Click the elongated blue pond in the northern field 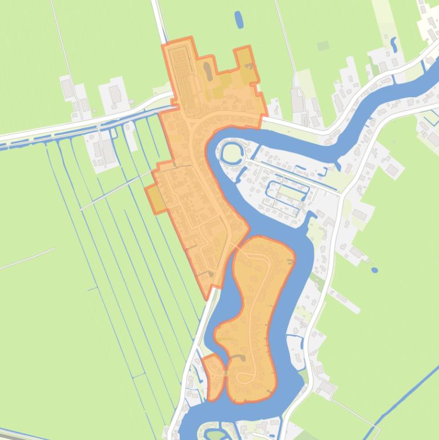239,19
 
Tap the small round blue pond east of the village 374,270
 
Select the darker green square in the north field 323,46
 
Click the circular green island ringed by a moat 231,153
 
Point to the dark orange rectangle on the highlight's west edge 155,199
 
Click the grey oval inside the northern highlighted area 207,71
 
